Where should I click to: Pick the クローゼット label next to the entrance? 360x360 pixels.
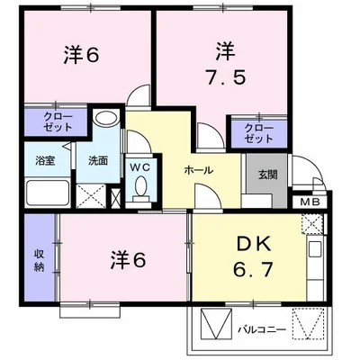click(259, 133)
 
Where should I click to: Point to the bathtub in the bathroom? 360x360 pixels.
click(46, 192)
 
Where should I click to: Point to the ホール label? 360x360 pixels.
click(199, 169)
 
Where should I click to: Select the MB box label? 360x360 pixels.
click(309, 202)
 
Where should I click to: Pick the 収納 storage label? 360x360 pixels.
click(40, 259)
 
